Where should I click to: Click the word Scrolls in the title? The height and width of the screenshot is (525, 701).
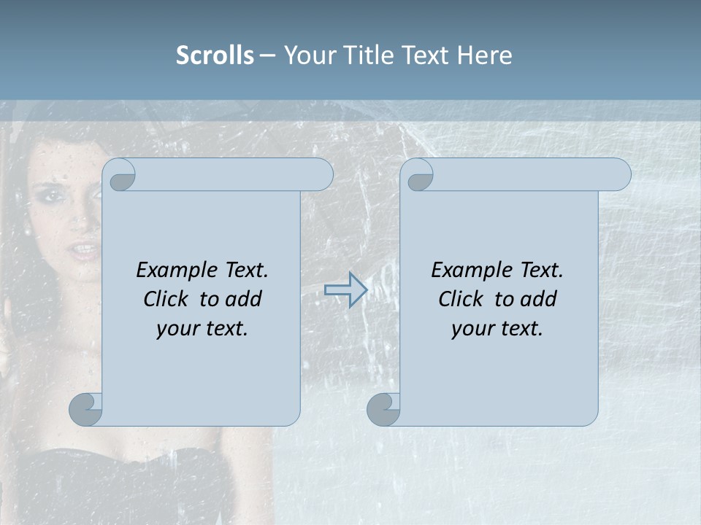point(215,55)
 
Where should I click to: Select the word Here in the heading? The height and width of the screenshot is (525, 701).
point(485,55)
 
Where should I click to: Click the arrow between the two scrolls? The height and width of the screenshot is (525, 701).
point(345,290)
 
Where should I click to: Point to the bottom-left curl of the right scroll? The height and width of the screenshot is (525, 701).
point(384,409)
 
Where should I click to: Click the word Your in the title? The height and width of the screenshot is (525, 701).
point(307,55)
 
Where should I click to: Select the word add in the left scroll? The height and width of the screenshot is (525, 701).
point(243,299)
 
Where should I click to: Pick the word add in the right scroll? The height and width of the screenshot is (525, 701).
point(538,299)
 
